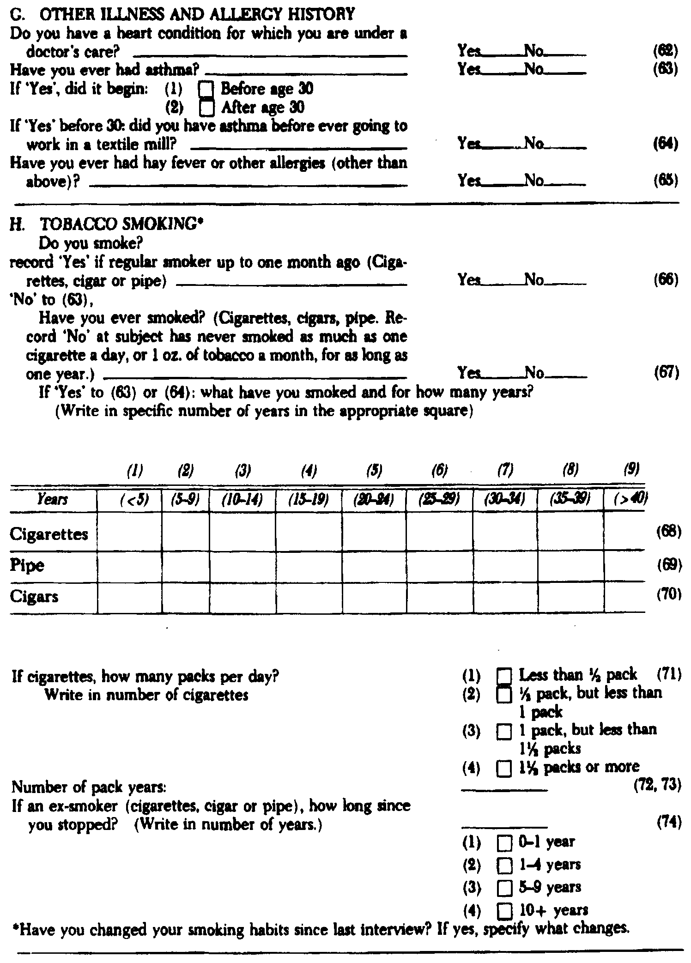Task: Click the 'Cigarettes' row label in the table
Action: (48, 534)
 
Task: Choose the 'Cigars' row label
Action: (34, 597)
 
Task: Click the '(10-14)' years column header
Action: (242, 500)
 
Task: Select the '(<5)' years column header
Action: (130, 500)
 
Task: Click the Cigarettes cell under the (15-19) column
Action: (309, 534)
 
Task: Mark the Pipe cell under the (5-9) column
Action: (185, 565)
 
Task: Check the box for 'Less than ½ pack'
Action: (504, 677)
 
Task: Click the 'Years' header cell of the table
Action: (53, 500)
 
